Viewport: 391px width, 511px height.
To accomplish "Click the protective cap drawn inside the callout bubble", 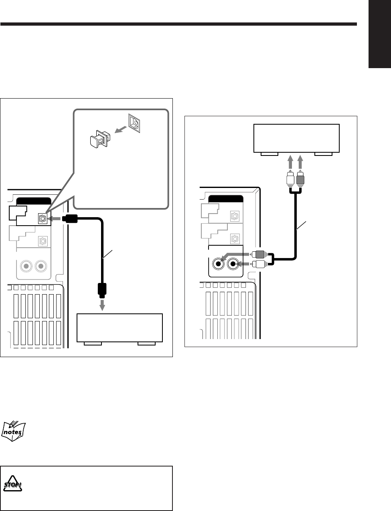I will pos(100,140).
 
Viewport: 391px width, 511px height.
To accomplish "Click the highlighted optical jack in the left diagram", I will pos(43,219).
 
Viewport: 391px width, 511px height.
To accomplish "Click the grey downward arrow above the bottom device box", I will pos(102,304).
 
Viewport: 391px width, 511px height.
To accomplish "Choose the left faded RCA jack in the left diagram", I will pos(26,266).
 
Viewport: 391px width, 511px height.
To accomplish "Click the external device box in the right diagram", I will pos(297,139).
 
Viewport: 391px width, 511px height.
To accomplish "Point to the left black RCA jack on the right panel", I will pos(219,265).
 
